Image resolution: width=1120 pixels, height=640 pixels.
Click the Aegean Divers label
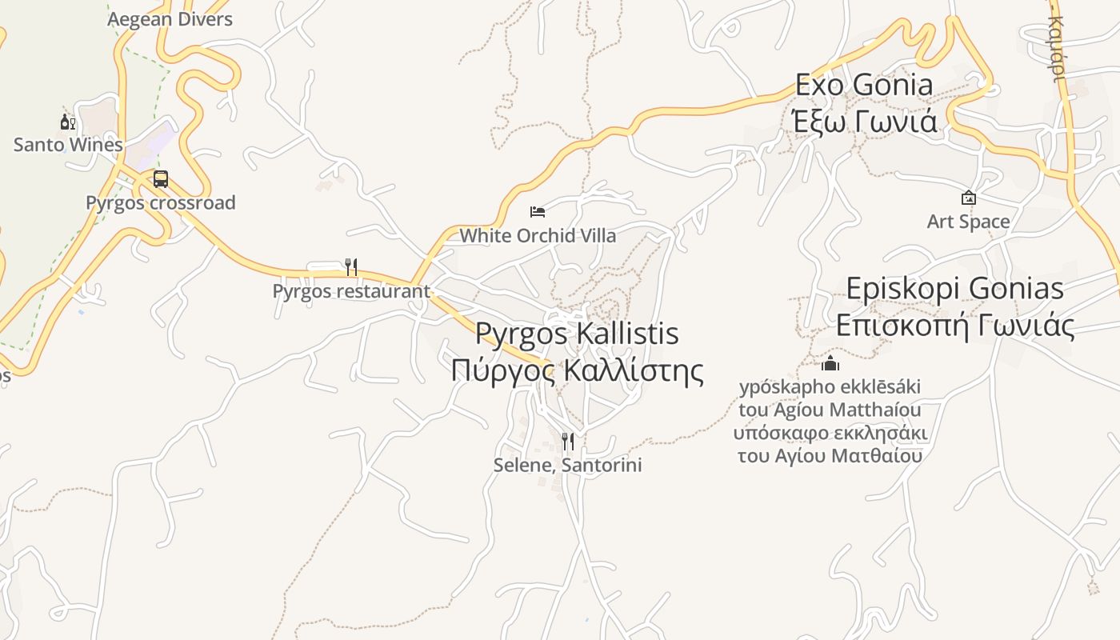coord(170,19)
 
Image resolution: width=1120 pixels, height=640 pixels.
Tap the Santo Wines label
coord(68,145)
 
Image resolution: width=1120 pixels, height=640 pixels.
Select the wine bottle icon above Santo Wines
coord(68,122)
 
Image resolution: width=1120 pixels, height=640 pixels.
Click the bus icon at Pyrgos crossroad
coord(161,178)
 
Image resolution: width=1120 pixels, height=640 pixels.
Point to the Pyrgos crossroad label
coord(161,202)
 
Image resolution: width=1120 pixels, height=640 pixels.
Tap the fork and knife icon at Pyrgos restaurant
coord(350,266)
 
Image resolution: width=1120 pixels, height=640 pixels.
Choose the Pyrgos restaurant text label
coord(351,291)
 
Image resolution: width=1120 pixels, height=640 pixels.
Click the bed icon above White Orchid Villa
coord(538,212)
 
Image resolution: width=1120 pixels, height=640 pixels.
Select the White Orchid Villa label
coord(538,235)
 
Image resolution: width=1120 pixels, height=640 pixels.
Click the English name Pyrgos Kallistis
coord(577,334)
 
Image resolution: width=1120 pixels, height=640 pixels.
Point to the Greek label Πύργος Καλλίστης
coord(577,371)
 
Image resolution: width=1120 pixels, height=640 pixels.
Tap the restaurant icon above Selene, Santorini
coord(567,441)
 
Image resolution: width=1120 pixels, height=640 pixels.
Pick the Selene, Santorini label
coord(567,465)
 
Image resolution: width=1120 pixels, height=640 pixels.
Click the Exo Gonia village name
coord(864,85)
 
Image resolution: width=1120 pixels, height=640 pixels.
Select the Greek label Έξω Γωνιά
coord(864,122)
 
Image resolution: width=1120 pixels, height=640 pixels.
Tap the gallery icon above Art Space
coord(968,198)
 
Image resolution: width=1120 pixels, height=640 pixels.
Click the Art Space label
coord(968,221)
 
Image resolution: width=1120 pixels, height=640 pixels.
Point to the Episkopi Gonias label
coord(955,288)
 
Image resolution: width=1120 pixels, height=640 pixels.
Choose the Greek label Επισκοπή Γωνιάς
coord(955,325)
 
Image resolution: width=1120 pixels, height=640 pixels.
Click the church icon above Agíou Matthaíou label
coord(830,364)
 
